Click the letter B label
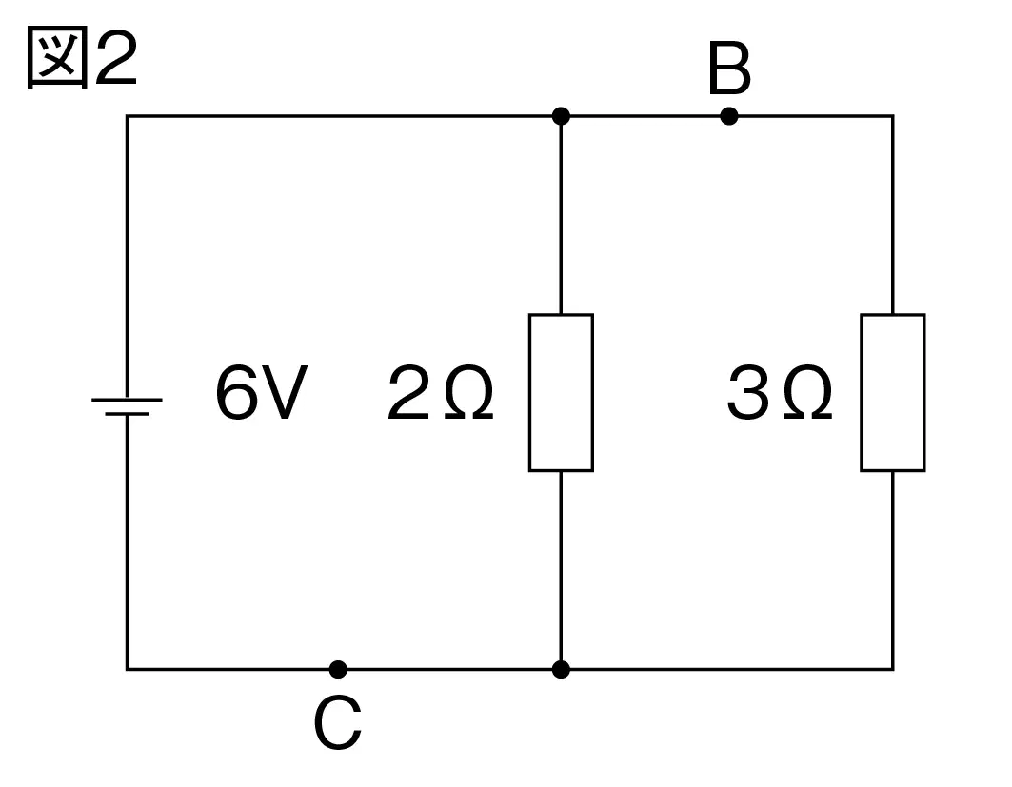coord(729,68)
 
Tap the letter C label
coord(338,723)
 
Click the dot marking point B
coord(728,116)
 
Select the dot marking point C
coord(338,670)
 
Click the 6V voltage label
coord(261,392)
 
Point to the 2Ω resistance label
coord(440,392)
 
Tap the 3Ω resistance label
coord(780,392)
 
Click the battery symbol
coord(128,407)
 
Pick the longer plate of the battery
coord(128,400)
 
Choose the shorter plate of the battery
coord(128,414)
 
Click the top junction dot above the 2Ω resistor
coord(561,116)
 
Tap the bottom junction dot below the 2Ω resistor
coord(561,670)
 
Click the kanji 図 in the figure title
coord(57,58)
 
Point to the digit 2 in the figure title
coord(117,58)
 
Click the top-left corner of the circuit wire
coord(128,116)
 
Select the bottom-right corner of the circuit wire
coord(893,670)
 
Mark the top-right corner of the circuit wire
coord(893,116)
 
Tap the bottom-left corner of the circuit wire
coord(128,670)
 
